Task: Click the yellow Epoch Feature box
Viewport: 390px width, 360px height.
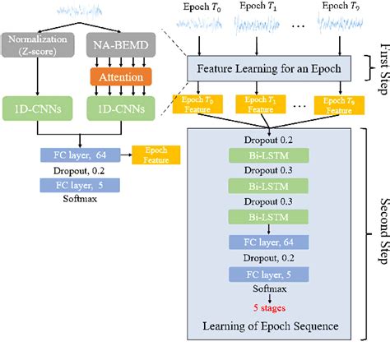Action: tap(156, 155)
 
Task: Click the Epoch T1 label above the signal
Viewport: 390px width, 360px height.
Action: tap(260, 8)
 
